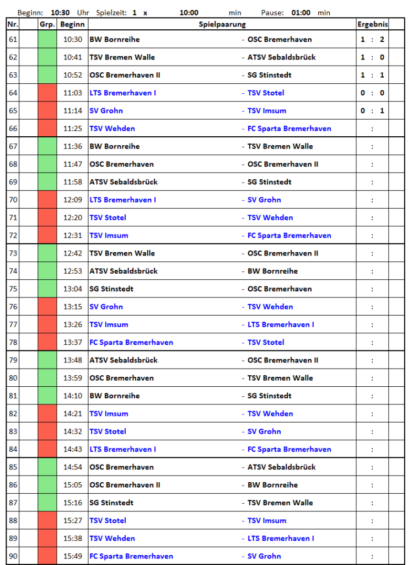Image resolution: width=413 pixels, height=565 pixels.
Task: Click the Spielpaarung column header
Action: click(x=222, y=24)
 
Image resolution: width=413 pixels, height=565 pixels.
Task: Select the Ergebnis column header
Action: click(x=372, y=24)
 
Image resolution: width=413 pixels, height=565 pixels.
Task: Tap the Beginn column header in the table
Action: click(x=72, y=24)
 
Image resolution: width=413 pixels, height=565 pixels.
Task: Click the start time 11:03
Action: click(x=72, y=93)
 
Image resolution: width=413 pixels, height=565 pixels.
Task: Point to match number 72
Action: click(x=13, y=236)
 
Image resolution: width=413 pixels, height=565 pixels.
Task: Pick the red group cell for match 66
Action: click(x=47, y=129)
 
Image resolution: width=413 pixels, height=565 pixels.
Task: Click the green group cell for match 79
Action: click(x=47, y=360)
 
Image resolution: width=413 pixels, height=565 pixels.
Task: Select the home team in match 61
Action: click(x=115, y=40)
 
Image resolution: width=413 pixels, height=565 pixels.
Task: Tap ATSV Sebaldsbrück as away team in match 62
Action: click(x=281, y=57)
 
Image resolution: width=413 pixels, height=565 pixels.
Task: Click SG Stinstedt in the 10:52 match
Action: click(x=269, y=75)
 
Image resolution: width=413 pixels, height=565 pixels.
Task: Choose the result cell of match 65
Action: click(x=372, y=111)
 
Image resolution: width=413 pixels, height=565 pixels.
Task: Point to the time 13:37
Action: click(x=72, y=343)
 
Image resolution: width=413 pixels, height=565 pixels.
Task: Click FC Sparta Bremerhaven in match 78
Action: click(x=131, y=343)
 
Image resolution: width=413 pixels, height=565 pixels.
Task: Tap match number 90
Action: click(x=13, y=556)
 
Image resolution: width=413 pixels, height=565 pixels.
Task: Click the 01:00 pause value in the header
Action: click(x=301, y=13)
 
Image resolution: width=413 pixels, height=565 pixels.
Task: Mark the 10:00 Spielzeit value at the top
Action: click(x=189, y=13)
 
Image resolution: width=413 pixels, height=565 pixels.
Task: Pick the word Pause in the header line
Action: click(x=272, y=13)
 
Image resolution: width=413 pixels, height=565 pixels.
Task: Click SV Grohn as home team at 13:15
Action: click(x=106, y=307)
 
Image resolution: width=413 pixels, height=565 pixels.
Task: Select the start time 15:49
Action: click(x=72, y=556)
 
